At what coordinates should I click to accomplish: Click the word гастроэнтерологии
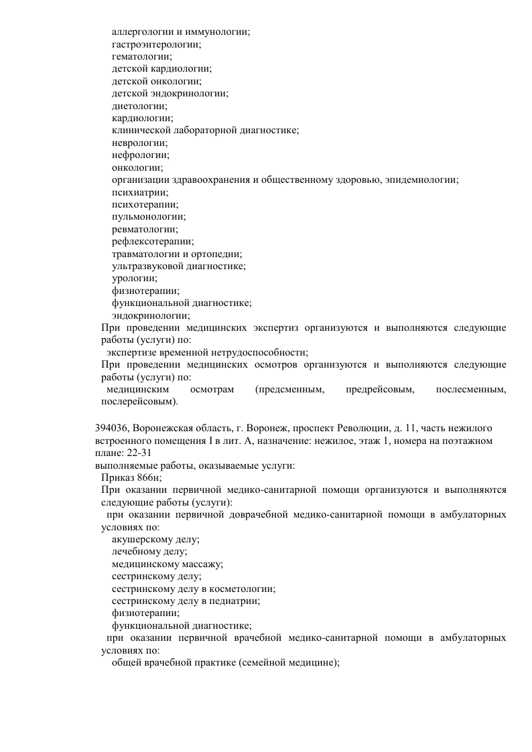[x=156, y=44]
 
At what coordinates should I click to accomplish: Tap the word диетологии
[x=139, y=105]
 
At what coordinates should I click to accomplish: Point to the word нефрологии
[x=139, y=155]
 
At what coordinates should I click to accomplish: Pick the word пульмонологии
[x=148, y=216]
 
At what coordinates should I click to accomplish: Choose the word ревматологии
[x=144, y=229]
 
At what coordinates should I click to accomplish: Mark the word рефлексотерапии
[x=152, y=241]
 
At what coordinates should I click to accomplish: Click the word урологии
[x=135, y=278]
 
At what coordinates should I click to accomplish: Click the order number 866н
[x=147, y=477]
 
